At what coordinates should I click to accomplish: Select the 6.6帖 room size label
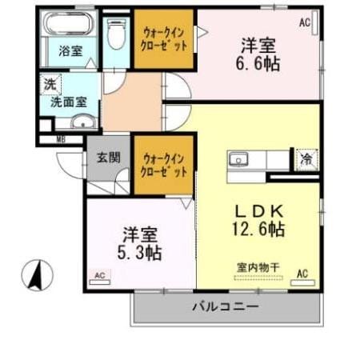(x=258, y=65)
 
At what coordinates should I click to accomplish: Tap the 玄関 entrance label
(x=108, y=158)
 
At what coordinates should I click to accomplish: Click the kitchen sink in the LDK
(x=238, y=158)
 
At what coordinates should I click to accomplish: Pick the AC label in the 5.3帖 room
(x=100, y=275)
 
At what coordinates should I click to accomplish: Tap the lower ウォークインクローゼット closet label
(x=165, y=165)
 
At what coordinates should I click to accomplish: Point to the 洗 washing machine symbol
(x=49, y=83)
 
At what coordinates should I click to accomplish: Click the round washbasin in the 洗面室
(x=82, y=122)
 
